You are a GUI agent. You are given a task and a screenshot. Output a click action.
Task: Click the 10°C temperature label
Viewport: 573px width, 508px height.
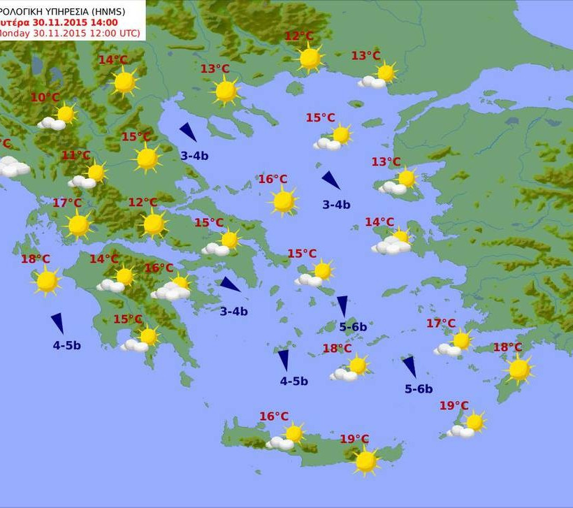tap(45, 98)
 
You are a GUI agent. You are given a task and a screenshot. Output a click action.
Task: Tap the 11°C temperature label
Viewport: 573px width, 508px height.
tap(76, 156)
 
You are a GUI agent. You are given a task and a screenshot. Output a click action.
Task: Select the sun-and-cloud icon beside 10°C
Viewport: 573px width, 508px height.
tap(59, 117)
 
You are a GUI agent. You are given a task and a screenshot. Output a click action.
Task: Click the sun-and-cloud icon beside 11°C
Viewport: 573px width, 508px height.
tap(89, 175)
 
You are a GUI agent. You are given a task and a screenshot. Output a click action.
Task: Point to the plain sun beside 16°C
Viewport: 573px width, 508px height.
tap(284, 201)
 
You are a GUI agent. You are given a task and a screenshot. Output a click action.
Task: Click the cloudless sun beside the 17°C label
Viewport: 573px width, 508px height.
tap(78, 225)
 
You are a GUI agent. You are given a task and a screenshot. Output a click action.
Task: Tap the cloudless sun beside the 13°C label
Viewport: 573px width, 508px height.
tap(226, 91)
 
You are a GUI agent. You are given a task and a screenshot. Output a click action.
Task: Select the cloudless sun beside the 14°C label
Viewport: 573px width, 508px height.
tap(124, 82)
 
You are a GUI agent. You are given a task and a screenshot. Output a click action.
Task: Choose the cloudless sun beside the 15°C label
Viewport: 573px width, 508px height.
tap(147, 159)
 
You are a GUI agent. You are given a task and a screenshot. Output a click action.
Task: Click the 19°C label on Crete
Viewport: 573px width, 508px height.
tap(354, 440)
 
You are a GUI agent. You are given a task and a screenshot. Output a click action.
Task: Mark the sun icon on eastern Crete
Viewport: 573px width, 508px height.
tap(365, 461)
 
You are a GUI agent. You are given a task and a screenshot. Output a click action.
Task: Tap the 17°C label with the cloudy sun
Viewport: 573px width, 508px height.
tap(441, 324)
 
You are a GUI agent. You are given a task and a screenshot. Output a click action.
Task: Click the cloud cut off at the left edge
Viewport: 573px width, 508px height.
tap(11, 168)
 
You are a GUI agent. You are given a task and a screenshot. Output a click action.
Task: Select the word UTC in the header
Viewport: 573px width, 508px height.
tap(129, 34)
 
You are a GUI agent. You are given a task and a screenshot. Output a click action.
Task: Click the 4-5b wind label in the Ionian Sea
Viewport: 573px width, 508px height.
tap(67, 345)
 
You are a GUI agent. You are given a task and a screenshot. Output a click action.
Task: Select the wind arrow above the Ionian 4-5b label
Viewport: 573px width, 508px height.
tap(57, 323)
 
